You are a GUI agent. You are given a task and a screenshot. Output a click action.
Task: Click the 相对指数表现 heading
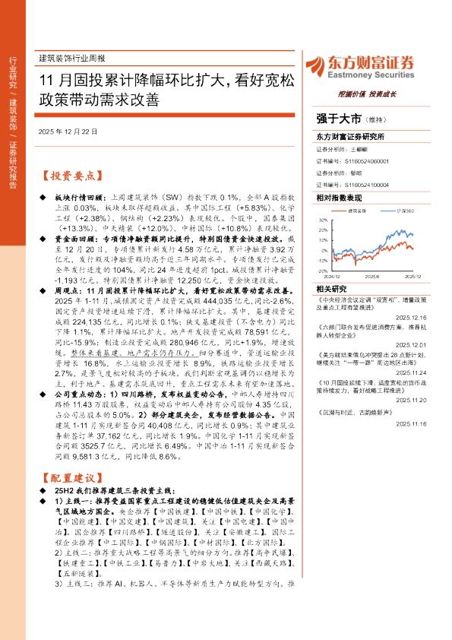[340, 197]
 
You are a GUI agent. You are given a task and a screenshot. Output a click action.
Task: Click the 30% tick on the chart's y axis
[323, 220]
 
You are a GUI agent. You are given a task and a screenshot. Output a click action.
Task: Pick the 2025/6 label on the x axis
[371, 275]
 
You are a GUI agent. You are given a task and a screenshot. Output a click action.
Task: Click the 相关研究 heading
[330, 289]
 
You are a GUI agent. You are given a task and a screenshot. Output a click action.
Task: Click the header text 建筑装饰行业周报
[71, 58]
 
